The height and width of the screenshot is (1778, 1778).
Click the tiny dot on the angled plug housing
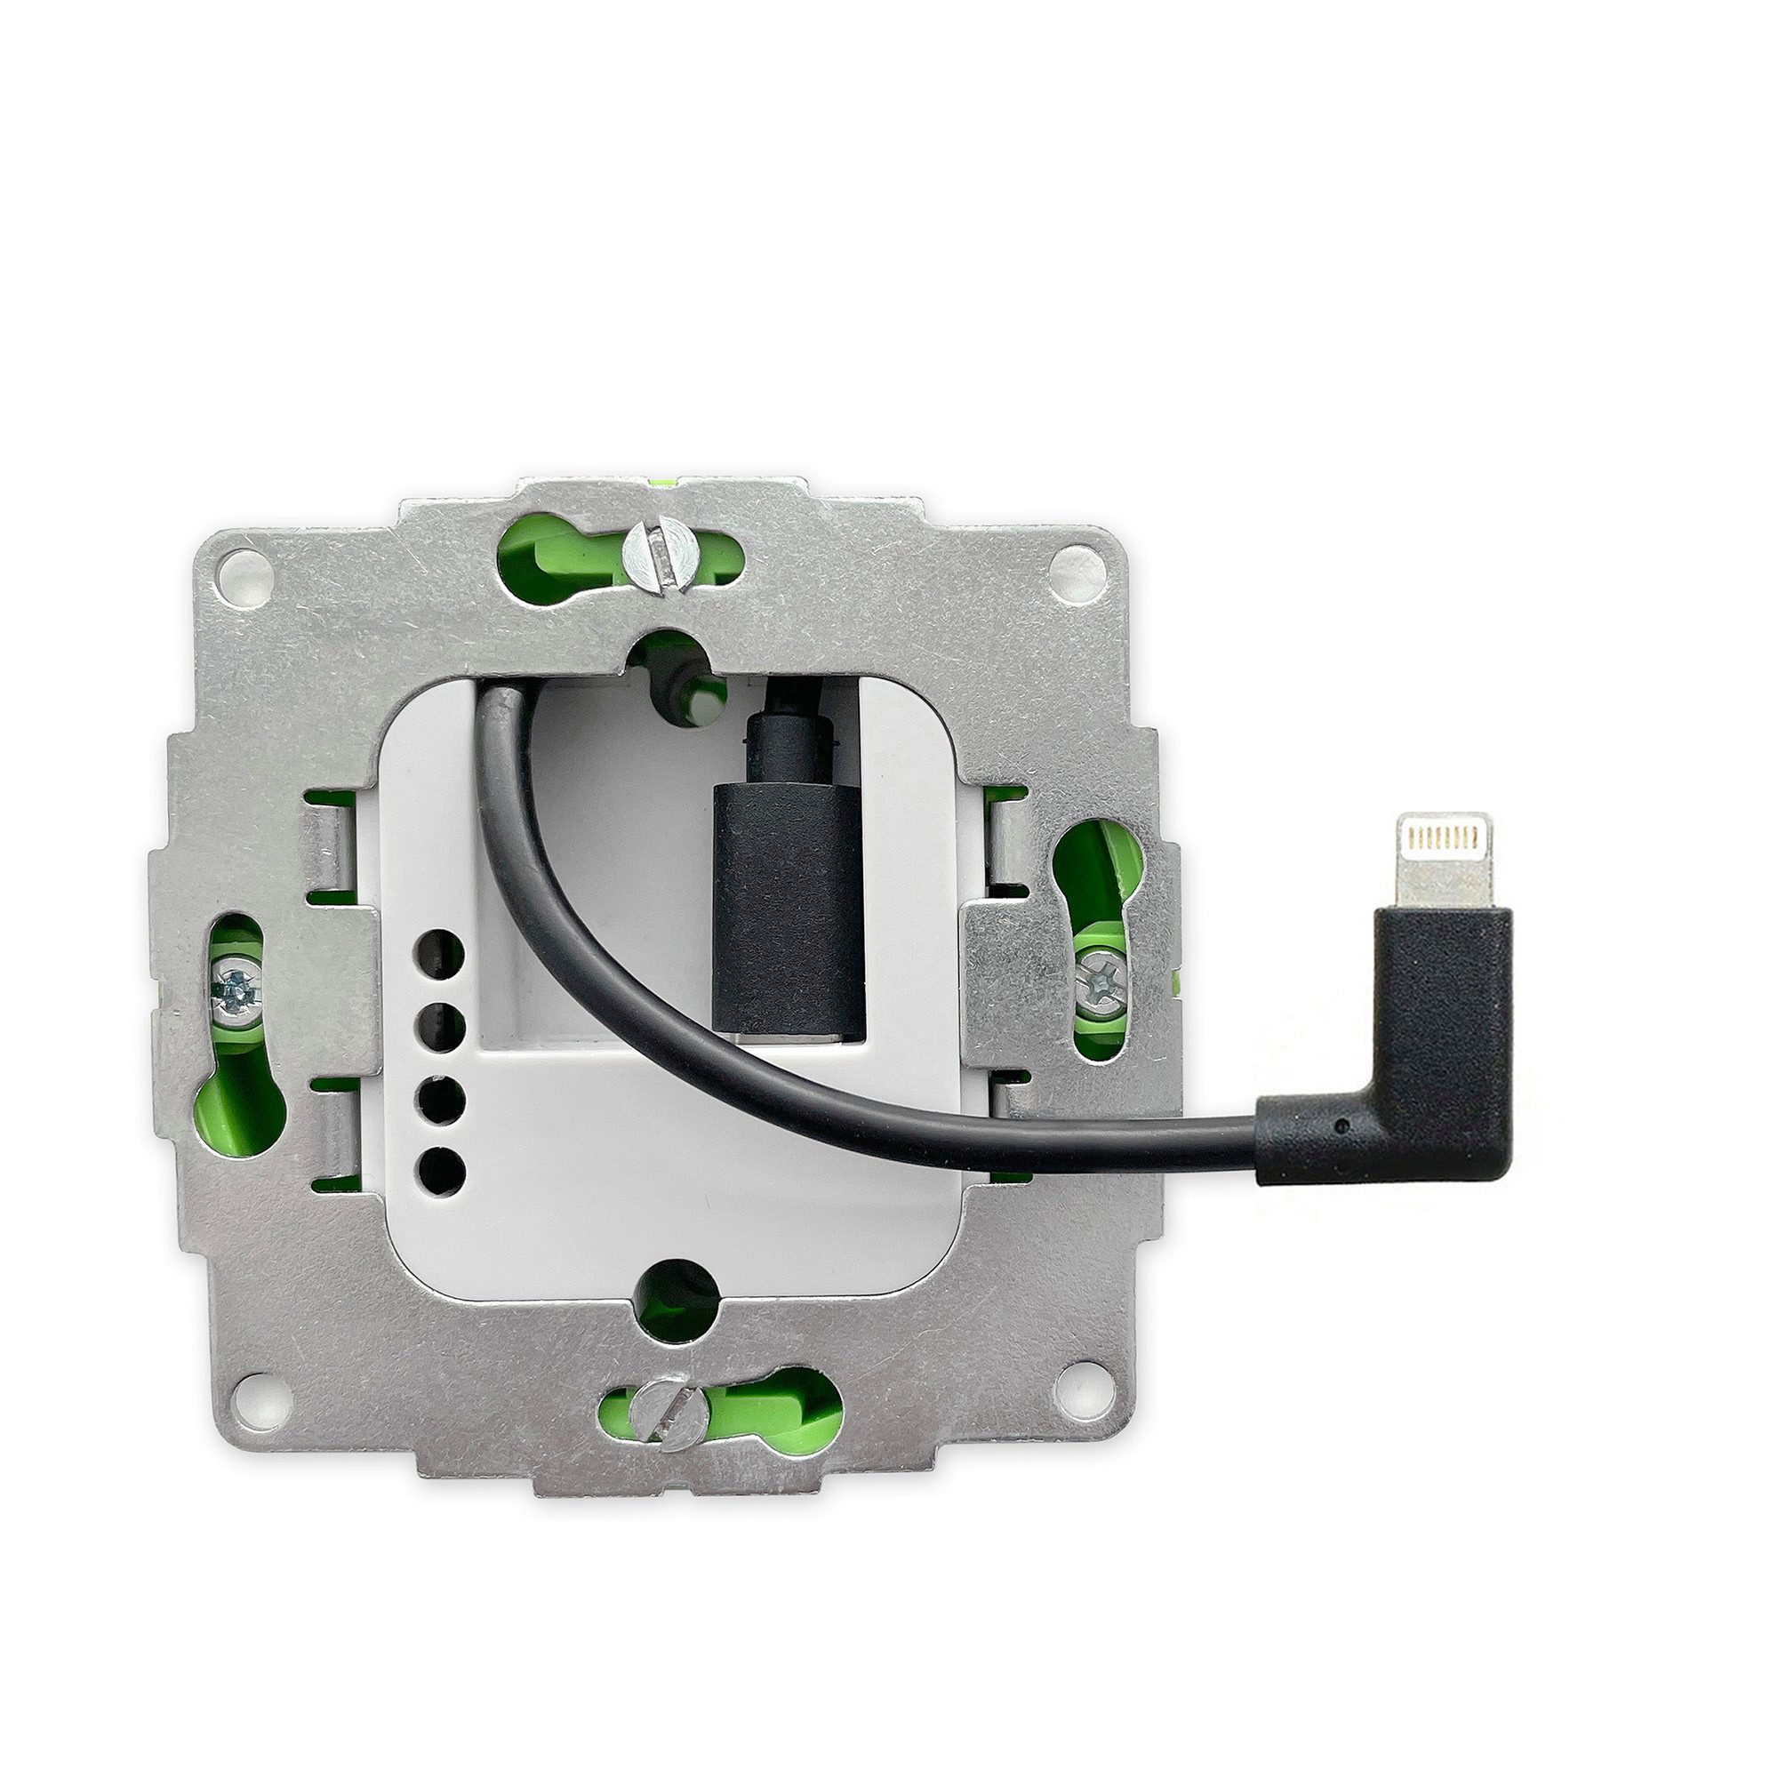[x=1345, y=1125]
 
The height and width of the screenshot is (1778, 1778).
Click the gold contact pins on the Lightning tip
[x=1442, y=835]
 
